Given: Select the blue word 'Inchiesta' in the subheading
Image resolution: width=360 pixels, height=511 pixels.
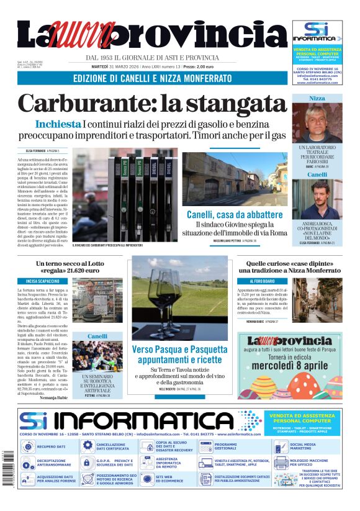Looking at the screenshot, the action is click(x=58, y=124).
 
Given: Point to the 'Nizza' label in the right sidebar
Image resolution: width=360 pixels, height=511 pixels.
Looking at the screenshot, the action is click(x=317, y=99).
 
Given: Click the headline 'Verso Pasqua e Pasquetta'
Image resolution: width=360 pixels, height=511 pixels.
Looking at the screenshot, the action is click(x=179, y=349).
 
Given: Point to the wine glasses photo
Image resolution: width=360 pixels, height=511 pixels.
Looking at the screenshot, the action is click(x=179, y=298).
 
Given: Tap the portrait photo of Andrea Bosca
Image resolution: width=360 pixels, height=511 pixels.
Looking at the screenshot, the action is click(x=317, y=199).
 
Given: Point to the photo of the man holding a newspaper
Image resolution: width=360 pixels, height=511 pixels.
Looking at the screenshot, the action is click(x=88, y=301).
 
